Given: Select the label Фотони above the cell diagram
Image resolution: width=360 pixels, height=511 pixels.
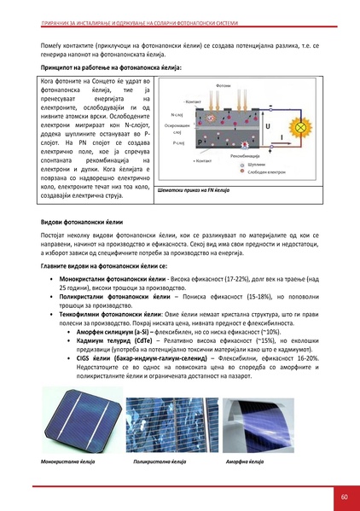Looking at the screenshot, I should pos(224,86).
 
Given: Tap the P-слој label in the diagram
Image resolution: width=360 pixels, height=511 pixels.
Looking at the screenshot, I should pos(178,143).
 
